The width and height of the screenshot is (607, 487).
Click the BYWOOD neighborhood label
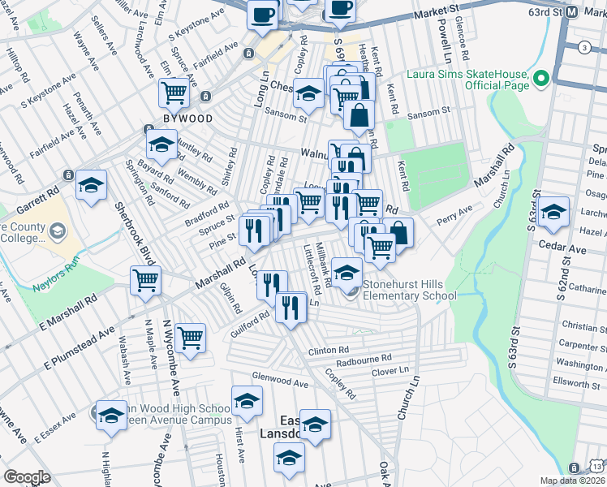click(x=187, y=119)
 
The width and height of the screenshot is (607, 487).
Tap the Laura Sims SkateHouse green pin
click(x=541, y=79)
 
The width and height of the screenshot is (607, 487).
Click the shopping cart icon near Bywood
click(x=174, y=94)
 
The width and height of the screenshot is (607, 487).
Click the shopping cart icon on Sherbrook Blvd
click(x=146, y=281)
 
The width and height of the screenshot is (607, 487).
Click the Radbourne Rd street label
click(x=364, y=358)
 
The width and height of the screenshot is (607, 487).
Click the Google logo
click(x=27, y=476)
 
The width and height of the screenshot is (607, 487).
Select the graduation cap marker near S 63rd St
click(x=553, y=213)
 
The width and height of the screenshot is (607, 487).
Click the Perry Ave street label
click(x=454, y=216)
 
